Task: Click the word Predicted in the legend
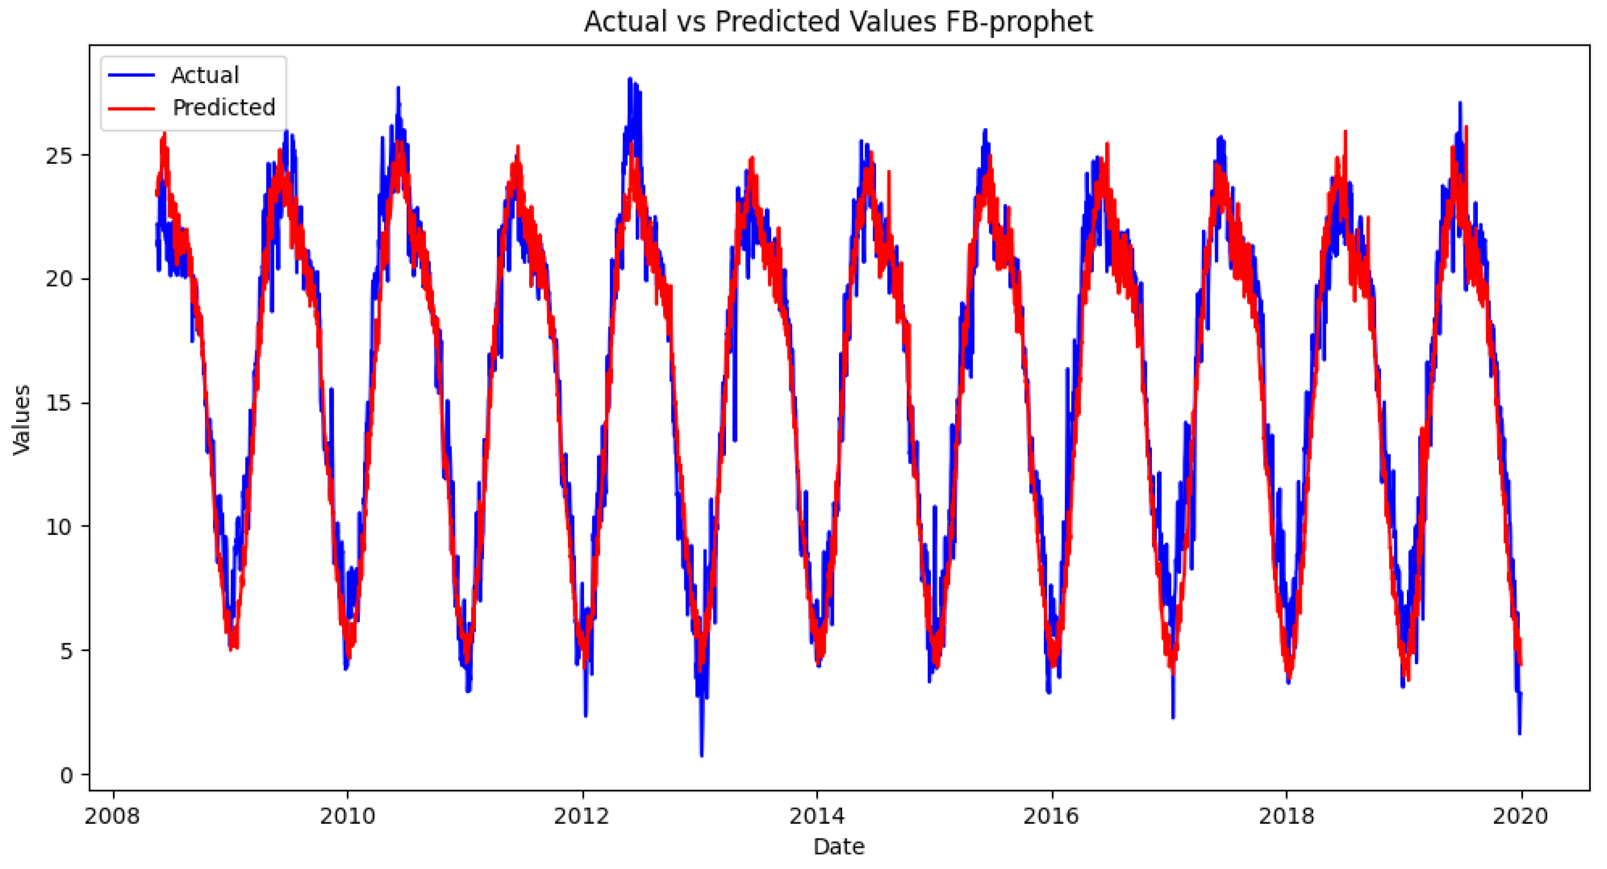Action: [x=223, y=108]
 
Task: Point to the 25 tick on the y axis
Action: [x=59, y=156]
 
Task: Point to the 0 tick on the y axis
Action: [x=66, y=775]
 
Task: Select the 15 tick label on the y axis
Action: [x=59, y=404]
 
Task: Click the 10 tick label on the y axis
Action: [x=59, y=527]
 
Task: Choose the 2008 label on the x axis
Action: [x=113, y=816]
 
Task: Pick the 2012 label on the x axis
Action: [x=582, y=816]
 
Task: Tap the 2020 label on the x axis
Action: [x=1520, y=816]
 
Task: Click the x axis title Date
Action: [x=838, y=846]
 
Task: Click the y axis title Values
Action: [x=22, y=419]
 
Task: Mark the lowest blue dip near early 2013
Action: [x=702, y=755]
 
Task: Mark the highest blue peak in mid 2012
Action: [x=630, y=80]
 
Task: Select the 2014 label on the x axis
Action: [x=816, y=816]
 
